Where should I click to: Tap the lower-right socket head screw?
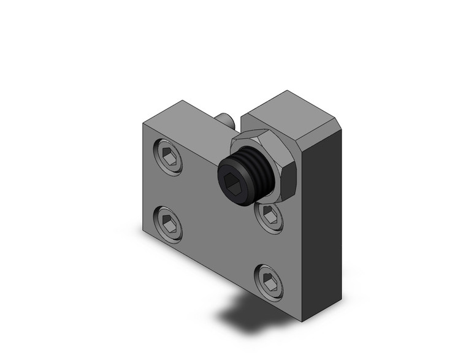point(270,281)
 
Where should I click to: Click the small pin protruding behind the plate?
point(225,119)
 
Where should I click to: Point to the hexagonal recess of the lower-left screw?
point(170,223)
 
